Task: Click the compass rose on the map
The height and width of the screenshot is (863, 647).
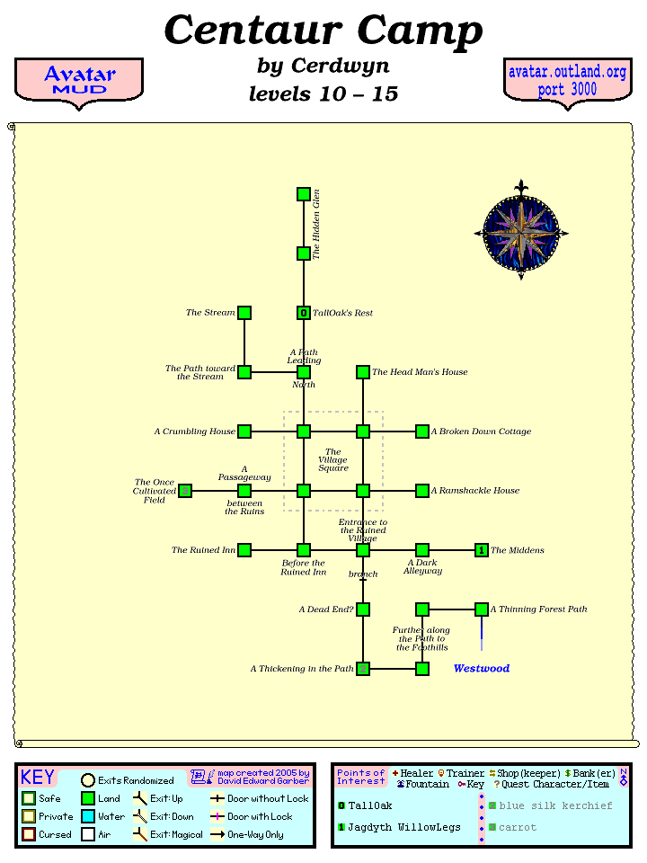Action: pos(521,231)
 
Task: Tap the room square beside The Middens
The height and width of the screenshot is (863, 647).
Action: pos(482,550)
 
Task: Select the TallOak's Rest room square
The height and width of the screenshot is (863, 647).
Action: pos(304,313)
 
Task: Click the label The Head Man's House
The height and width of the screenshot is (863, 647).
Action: pos(420,372)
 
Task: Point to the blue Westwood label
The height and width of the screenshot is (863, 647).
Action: pos(482,669)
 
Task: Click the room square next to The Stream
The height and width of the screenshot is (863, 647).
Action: pos(244,313)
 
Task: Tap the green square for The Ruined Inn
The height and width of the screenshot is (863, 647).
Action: pos(244,550)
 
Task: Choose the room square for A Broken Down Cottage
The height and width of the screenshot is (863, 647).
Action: pos(422,431)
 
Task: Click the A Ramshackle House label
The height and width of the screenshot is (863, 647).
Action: pos(475,491)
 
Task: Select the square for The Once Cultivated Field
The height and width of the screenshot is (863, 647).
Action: pos(185,491)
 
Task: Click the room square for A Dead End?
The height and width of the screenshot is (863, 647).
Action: pos(363,609)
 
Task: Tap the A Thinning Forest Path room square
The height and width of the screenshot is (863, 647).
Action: pos(482,609)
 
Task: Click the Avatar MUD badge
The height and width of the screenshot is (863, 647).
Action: pos(79,81)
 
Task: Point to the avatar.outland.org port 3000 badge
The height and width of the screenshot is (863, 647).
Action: pos(567,81)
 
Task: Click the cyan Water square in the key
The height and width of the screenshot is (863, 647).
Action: pos(88,816)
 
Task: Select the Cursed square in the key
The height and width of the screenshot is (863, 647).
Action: pos(29,834)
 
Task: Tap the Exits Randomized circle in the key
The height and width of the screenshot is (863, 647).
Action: pos(88,780)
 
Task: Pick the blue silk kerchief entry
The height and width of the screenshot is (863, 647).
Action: pos(556,805)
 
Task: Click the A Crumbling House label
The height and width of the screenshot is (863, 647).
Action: pos(194,431)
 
